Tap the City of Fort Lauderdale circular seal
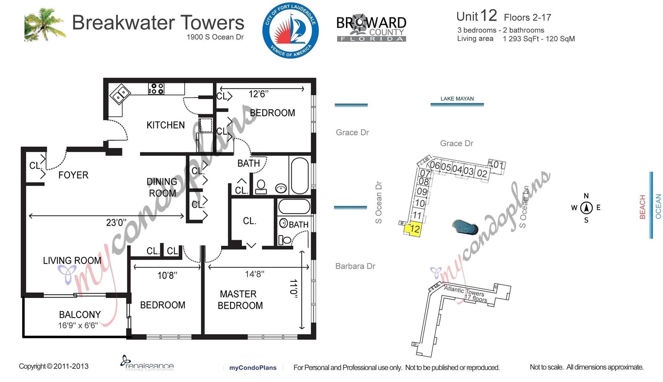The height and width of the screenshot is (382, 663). click(x=290, y=31)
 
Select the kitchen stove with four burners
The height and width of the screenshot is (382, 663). click(x=156, y=88)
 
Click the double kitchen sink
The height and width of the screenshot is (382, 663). click(x=120, y=94)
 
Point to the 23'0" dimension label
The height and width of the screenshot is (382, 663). click(x=116, y=223)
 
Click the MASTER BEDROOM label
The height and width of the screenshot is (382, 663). click(x=240, y=300)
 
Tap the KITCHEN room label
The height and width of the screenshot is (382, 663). click(x=165, y=125)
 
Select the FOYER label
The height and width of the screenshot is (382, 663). click(x=73, y=175)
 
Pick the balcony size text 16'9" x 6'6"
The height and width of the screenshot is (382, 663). click(x=78, y=325)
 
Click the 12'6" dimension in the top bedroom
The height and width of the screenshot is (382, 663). click(x=258, y=94)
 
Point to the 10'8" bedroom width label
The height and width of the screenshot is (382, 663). click(x=167, y=276)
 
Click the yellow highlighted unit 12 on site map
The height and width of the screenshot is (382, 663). click(x=413, y=229)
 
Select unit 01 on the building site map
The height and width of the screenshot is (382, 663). click(x=497, y=165)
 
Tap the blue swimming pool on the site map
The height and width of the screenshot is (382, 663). click(x=465, y=227)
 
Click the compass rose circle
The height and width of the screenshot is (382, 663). click(x=586, y=208)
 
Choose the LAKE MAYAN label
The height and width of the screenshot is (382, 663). click(x=457, y=99)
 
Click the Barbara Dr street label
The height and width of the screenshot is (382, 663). click(x=355, y=266)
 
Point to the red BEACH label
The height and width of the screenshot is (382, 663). click(x=642, y=207)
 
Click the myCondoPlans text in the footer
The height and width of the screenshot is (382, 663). click(x=253, y=368)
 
